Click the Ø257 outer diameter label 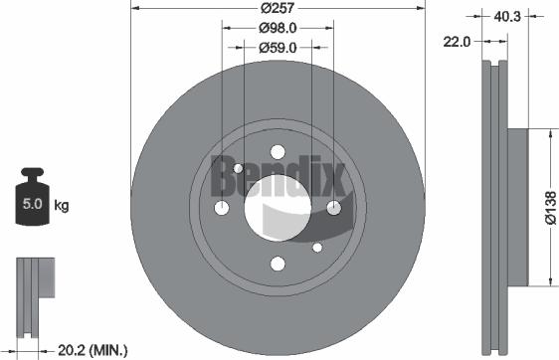pos(279,9)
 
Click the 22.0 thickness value pos(459,41)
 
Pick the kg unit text pos(61,206)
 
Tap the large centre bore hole pos(278,207)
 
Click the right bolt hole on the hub pos(333,207)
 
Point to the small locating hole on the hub pos(317,247)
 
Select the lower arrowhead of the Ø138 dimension pos(548,281)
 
